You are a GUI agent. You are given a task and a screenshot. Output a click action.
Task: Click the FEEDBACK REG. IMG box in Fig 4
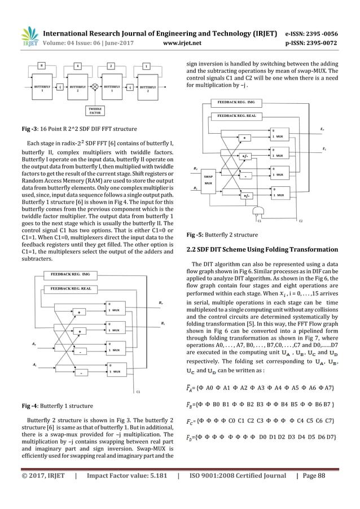click(x=71, y=274)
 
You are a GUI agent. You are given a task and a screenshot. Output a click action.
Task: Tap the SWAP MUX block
click(x=208, y=180)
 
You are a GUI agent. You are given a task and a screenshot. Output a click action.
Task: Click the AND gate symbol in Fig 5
click(x=260, y=211)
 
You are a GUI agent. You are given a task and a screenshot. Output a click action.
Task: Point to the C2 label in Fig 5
click(x=300, y=221)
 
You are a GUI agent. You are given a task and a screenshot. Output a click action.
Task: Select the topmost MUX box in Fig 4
click(x=117, y=309)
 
